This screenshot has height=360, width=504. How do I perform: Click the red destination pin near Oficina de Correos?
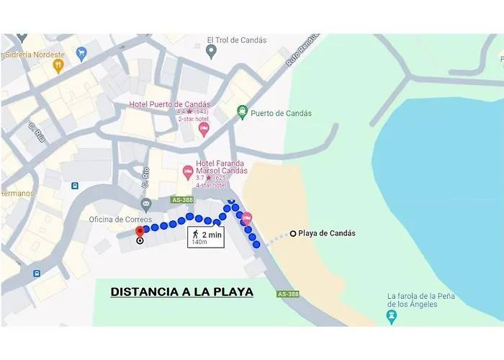click(x=140, y=230)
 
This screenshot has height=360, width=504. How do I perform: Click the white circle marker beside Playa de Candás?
click(x=292, y=233)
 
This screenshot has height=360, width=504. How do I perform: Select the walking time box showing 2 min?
click(x=205, y=235)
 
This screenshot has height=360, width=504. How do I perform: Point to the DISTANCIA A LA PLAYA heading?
click(x=181, y=292)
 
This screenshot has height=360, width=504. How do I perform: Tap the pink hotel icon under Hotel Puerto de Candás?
click(x=204, y=128)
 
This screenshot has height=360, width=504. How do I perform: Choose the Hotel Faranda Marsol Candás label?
click(x=217, y=166)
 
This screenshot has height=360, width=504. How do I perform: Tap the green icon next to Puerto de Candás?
click(x=243, y=112)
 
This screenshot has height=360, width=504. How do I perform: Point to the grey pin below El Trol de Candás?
click(x=211, y=50)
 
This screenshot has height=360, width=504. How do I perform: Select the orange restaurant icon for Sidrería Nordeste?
click(x=58, y=66)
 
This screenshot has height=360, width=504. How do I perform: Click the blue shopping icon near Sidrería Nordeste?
click(x=81, y=53)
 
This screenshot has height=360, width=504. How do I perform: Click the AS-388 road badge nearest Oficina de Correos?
click(x=183, y=199)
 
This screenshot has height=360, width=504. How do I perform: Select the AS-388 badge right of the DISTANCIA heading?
click(x=288, y=294)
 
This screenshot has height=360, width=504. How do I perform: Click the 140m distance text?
click(x=197, y=242)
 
